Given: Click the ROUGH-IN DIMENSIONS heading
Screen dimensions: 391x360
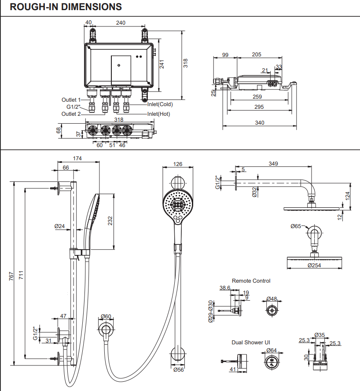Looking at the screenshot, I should coord(66,7).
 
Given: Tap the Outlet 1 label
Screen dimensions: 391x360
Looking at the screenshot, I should coord(71,100).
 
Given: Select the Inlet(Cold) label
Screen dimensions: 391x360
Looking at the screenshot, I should coord(160,104).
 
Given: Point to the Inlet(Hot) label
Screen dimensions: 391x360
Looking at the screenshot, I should coord(158,114).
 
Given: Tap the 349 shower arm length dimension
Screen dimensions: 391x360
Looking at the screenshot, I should coord(273,164).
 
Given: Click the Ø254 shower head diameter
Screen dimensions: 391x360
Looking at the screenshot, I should coord(314,266).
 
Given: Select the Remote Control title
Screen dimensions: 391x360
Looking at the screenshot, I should coord(251,280).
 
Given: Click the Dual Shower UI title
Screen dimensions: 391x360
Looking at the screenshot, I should coord(251,342).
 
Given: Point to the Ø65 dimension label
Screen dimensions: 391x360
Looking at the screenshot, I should coord(296,226).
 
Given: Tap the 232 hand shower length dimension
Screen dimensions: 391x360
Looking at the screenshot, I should coord(110,221).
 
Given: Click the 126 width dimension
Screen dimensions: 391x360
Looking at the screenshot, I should coord(178,164).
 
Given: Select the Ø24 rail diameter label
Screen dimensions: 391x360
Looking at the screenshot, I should coord(59,226).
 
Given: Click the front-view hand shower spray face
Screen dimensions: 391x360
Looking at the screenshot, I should coord(178,205).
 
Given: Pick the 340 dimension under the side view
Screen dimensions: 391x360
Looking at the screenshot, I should coord(260,123).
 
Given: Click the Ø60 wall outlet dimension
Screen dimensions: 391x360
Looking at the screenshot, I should coord(106,316).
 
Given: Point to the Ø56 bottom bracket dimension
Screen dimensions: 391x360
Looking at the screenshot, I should coord(178,370).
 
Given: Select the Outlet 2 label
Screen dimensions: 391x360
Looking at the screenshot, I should coord(71,114).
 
